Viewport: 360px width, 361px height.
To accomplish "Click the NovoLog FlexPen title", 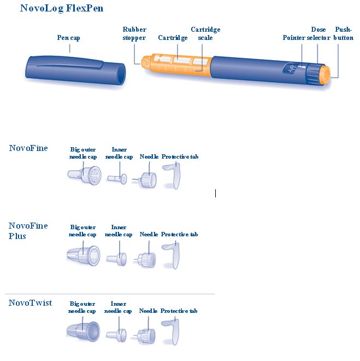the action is click(62, 8).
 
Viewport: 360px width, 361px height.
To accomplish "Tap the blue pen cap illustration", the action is click(75, 70).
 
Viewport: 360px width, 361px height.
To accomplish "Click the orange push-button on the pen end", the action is click(326, 74).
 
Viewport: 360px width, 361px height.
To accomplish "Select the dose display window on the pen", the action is click(290, 68).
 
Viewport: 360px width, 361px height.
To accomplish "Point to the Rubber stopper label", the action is click(134, 33).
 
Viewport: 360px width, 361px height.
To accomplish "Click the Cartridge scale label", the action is click(205, 33).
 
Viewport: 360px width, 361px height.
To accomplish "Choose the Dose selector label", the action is click(318, 33).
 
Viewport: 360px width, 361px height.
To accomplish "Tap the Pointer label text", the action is click(294, 38).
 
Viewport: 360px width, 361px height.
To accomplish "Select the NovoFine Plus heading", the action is click(28, 231).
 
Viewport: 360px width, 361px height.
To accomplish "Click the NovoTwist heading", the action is click(31, 303).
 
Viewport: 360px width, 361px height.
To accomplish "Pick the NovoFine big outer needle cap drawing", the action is click(84, 175).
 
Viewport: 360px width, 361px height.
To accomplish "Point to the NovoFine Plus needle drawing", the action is click(145, 260).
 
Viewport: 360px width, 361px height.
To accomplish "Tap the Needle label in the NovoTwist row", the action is click(148, 311).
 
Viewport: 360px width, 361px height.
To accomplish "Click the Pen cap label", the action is click(68, 38).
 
